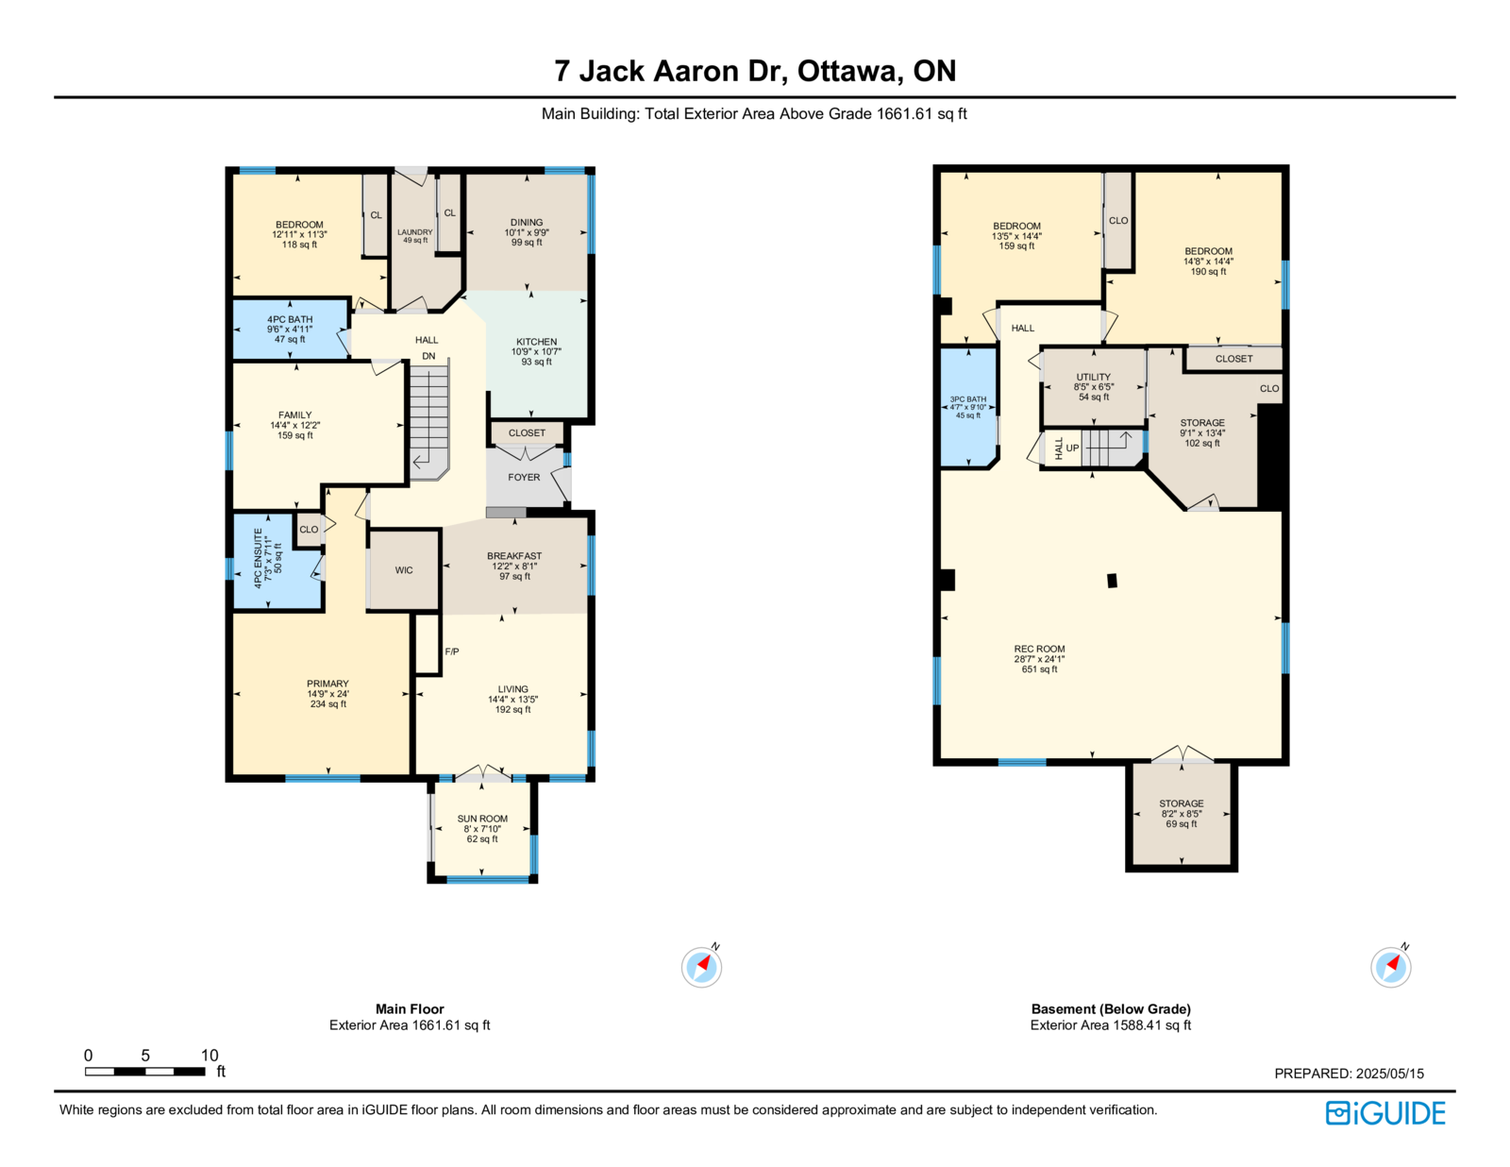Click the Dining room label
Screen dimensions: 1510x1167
[526, 223]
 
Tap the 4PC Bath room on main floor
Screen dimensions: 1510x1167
[290, 329]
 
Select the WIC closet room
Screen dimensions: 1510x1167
[404, 570]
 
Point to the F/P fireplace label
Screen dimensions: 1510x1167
[452, 651]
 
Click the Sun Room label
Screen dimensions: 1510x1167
[482, 819]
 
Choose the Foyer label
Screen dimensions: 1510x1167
[523, 478]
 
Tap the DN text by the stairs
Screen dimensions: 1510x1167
[428, 356]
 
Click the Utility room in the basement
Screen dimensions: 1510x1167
[1093, 386]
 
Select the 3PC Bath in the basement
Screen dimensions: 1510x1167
[968, 407]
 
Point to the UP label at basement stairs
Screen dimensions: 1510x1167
[1072, 448]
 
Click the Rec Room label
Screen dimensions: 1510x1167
[1039, 650]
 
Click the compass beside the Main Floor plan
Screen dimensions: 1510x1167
[702, 966]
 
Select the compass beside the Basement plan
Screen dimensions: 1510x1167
[1390, 966]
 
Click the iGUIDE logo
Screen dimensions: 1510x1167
[1384, 1113]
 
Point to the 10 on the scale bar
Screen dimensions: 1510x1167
[210, 1055]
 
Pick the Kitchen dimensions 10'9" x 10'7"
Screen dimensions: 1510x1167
[536, 351]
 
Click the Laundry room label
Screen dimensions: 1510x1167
[415, 232]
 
